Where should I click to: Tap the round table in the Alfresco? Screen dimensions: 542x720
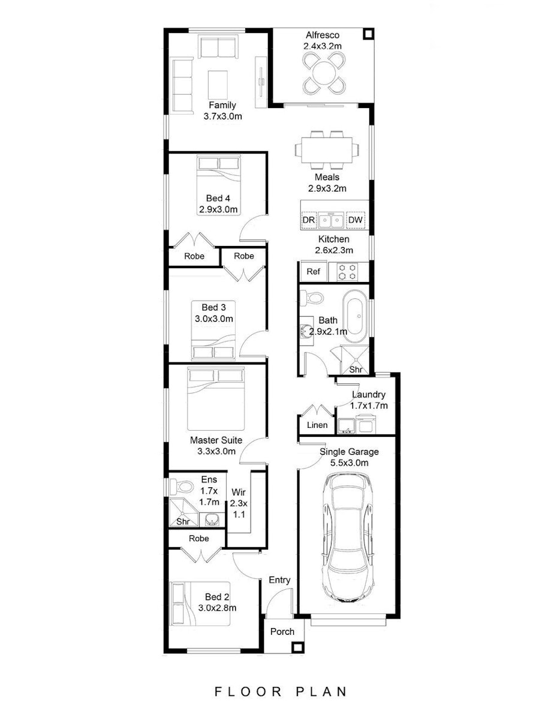click(x=324, y=73)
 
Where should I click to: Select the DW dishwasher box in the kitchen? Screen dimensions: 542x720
click(x=355, y=220)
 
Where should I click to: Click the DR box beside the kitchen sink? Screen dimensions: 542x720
click(x=308, y=220)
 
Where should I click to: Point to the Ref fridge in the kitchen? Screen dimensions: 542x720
click(x=314, y=271)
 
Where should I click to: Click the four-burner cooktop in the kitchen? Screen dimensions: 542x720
click(x=347, y=272)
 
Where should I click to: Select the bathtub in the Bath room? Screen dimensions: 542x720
click(x=354, y=320)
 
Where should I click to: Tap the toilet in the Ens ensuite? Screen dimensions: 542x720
click(x=182, y=486)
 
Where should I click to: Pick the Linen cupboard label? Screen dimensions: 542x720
click(x=317, y=425)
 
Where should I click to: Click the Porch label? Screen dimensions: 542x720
click(x=282, y=631)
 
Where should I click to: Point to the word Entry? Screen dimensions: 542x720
click(x=279, y=580)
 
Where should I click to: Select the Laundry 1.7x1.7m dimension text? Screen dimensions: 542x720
click(x=369, y=406)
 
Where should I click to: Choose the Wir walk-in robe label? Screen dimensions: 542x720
click(x=238, y=492)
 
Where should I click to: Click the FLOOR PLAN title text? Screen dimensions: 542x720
click(x=281, y=692)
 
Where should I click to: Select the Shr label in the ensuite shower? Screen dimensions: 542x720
click(x=183, y=521)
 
